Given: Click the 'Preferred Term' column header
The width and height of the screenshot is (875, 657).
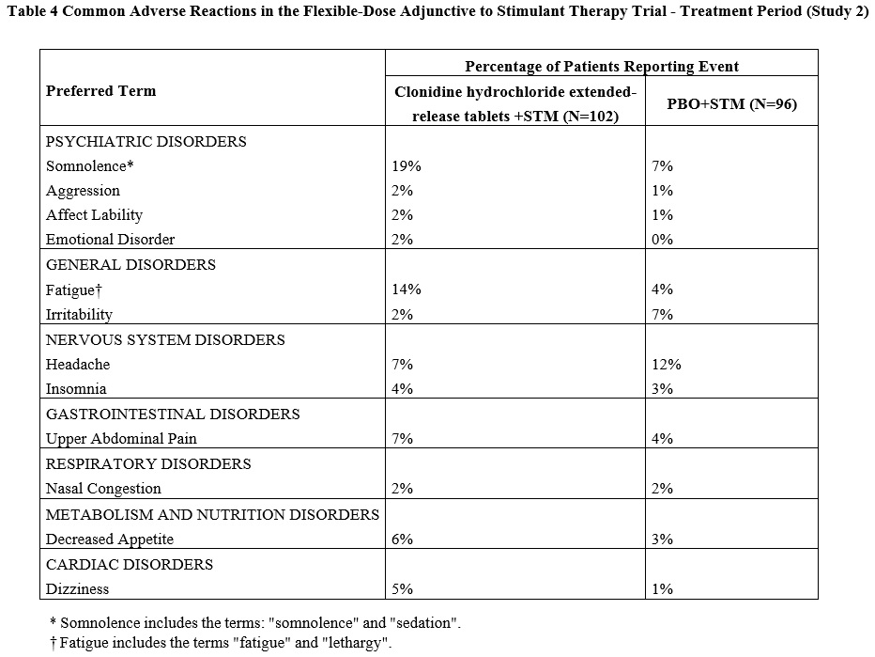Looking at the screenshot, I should pyautogui.click(x=101, y=91).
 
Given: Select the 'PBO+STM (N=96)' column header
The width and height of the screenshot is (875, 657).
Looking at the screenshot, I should pyautogui.click(x=731, y=104).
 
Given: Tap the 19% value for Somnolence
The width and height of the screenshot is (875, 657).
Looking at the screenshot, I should pyautogui.click(x=407, y=166).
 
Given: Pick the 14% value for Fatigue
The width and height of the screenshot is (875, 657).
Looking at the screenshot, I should pyautogui.click(x=407, y=289).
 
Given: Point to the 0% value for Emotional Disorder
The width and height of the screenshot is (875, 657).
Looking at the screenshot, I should pyautogui.click(x=662, y=240).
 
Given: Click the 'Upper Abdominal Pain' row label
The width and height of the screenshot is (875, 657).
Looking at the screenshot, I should pyautogui.click(x=121, y=439).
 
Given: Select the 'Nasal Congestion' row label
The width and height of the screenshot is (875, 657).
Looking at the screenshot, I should pyautogui.click(x=103, y=489).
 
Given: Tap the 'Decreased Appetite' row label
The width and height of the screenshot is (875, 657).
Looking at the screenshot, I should pyautogui.click(x=110, y=540).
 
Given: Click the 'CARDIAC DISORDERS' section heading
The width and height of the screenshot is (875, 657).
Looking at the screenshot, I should pyautogui.click(x=130, y=565).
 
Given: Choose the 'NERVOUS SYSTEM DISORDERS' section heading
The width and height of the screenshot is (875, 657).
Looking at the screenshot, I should pyautogui.click(x=165, y=339).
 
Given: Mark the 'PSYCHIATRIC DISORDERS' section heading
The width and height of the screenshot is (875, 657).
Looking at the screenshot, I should pyautogui.click(x=146, y=142).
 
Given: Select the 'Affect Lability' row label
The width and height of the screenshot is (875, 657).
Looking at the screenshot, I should pyautogui.click(x=94, y=215).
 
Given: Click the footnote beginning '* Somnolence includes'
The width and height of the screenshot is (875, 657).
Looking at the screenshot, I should pyautogui.click(x=255, y=623).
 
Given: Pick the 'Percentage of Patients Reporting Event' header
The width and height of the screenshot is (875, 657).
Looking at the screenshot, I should pyautogui.click(x=602, y=66).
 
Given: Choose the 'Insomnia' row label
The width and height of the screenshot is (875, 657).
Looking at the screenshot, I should pyautogui.click(x=76, y=389).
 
